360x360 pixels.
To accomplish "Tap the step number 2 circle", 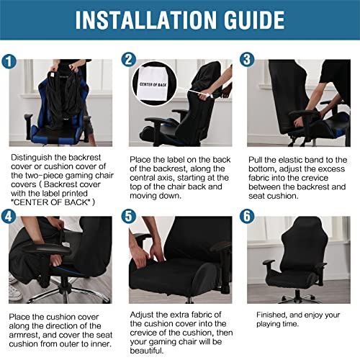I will point(130,60).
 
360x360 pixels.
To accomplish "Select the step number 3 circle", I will point(247,60).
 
